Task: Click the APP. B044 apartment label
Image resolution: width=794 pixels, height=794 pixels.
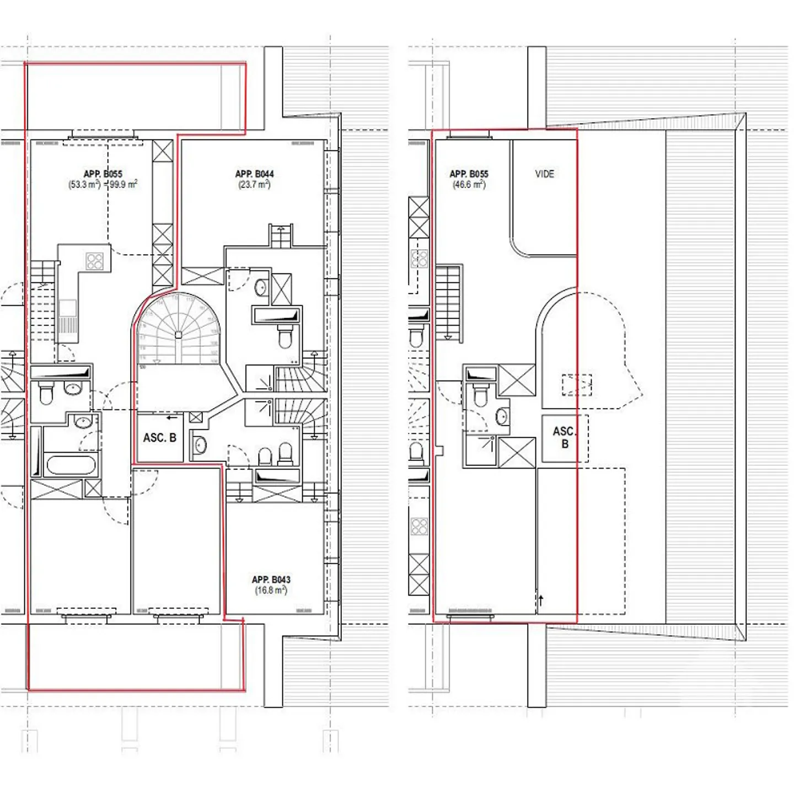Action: [x=254, y=174]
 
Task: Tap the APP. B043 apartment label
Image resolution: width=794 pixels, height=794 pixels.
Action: [x=271, y=580]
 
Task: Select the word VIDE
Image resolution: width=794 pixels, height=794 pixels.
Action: [x=544, y=174]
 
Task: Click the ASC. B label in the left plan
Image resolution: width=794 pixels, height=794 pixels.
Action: [x=159, y=438]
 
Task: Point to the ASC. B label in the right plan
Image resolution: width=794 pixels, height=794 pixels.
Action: [x=564, y=437]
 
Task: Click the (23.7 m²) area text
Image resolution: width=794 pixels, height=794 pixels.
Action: [x=254, y=185]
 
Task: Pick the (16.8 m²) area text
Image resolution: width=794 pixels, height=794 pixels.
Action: [x=271, y=591]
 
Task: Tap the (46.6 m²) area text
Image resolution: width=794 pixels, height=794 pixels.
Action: [x=469, y=185]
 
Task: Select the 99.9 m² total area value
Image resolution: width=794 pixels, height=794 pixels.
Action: [x=123, y=185]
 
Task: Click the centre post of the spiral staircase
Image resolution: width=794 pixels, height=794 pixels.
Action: [x=178, y=335]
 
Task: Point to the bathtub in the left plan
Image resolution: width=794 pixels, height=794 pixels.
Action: [x=72, y=465]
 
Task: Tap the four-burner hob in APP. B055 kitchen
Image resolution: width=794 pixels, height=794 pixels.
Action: [x=94, y=261]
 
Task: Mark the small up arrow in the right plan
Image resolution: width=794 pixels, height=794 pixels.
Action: [x=541, y=600]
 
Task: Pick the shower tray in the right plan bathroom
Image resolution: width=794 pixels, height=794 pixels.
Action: [x=481, y=450]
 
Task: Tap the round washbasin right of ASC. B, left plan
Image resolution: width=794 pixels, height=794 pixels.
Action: [x=200, y=444]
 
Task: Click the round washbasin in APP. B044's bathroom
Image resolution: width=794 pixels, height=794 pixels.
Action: [x=260, y=287]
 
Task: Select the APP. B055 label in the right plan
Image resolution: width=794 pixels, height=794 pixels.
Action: [x=469, y=174]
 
